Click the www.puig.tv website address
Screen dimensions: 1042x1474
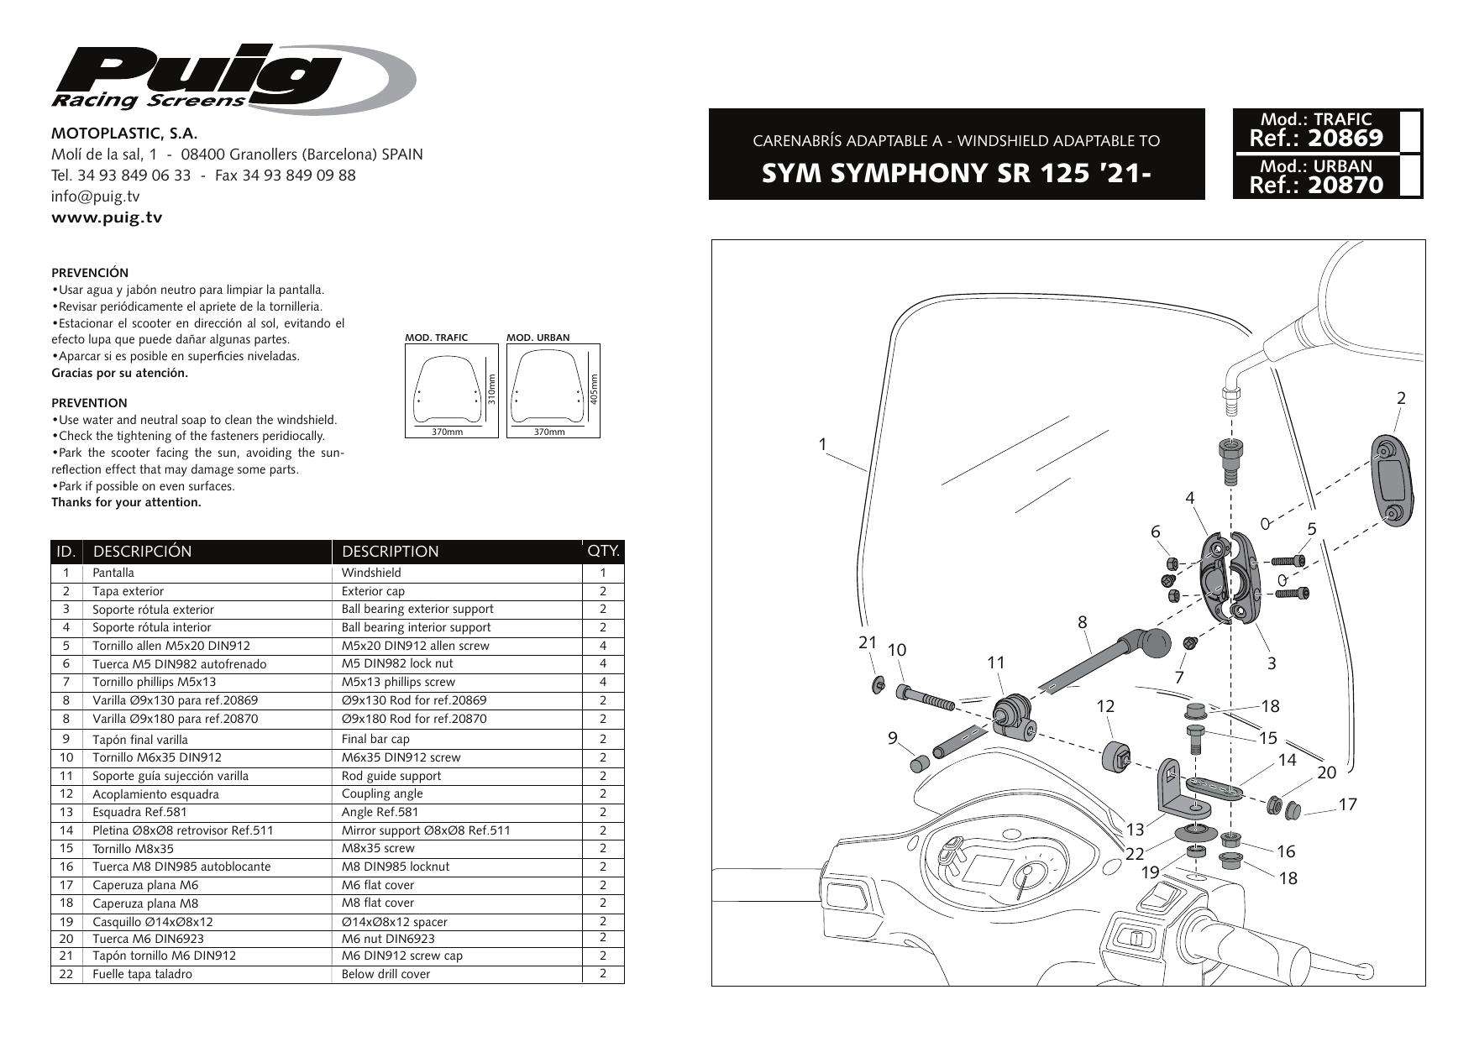coord(107,217)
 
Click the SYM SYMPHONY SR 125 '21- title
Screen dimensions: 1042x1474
coord(955,174)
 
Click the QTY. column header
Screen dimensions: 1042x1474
coord(603,552)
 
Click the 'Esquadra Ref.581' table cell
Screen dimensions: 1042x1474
coord(139,812)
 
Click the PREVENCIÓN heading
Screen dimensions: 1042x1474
coord(90,273)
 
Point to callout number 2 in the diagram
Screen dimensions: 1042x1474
coord(1401,399)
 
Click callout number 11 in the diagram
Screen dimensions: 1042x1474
coord(996,662)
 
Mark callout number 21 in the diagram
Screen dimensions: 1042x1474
coord(867,643)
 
